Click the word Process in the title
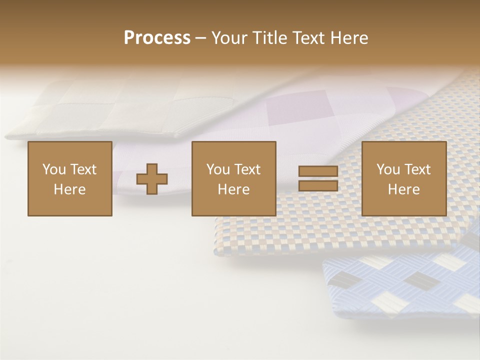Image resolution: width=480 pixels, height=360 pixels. pos(157,38)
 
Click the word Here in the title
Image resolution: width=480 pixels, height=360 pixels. pos(349,38)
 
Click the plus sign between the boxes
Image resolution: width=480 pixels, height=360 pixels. pos(152,179)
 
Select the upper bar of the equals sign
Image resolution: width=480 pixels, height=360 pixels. pos(318,171)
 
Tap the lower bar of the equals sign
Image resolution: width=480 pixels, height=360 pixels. pos(318,186)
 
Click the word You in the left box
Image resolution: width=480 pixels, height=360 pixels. pos(54,169)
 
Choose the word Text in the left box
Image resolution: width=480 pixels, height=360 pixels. pos(83,169)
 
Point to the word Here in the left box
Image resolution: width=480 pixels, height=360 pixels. pos(69,189)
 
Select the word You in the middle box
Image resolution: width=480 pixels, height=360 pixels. pos(218,169)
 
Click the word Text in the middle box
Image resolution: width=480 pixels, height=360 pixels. pos(247,169)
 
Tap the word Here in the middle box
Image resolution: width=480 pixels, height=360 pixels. pos(233,189)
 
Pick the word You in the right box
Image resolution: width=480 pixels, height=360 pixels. pos(388,169)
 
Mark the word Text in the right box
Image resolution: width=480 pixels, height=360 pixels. pos(417,169)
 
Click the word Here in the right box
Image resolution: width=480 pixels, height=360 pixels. pos(403,189)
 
